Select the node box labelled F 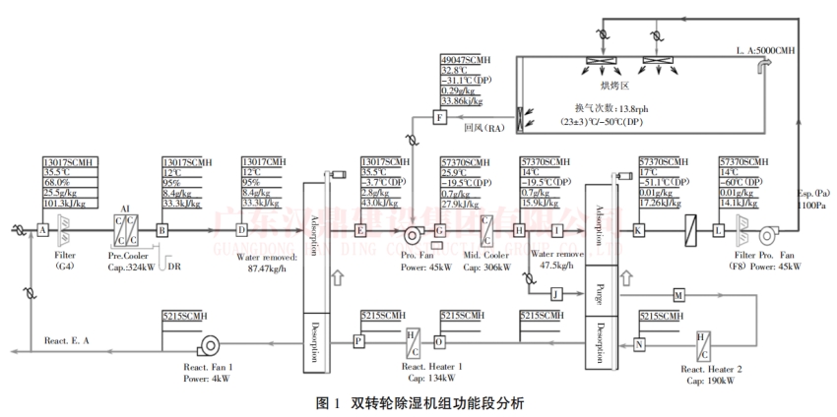point(441,119)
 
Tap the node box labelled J point(554,293)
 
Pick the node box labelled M point(678,294)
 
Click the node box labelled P point(358,339)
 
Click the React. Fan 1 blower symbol point(208,344)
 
